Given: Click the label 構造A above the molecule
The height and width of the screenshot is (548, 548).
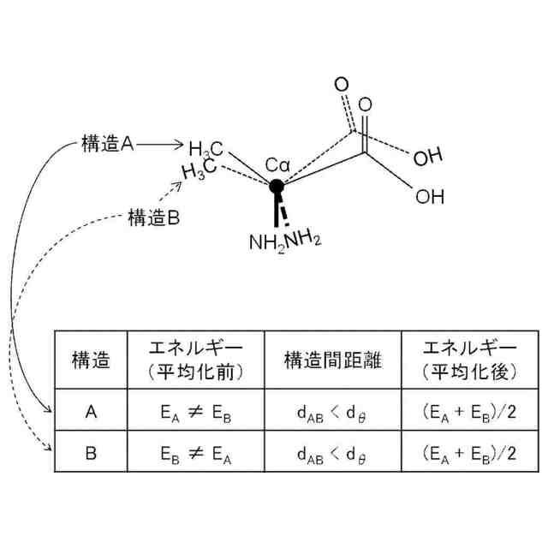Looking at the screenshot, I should click(x=108, y=145).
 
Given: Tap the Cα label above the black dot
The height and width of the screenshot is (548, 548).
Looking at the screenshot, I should click(x=277, y=164).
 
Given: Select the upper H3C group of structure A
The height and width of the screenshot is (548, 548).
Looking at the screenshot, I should click(x=206, y=147).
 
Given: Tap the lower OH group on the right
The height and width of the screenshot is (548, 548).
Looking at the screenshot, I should click(x=430, y=196).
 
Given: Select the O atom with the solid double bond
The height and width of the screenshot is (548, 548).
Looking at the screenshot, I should click(x=366, y=104).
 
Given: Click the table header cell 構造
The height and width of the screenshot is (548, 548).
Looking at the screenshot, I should click(x=91, y=360).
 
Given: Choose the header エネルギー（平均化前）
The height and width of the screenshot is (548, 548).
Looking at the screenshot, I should click(x=195, y=360).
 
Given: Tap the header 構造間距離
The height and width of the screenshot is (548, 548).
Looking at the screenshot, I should click(x=332, y=360).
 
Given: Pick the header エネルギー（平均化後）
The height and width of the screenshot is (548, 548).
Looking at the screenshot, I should click(x=470, y=360).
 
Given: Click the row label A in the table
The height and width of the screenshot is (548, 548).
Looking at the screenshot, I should click(x=91, y=411).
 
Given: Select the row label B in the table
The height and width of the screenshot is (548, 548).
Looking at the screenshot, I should click(x=91, y=452).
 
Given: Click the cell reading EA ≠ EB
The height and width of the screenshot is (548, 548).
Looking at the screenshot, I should click(x=195, y=412).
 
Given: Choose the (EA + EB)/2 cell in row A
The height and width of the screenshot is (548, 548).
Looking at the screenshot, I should click(x=470, y=412).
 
